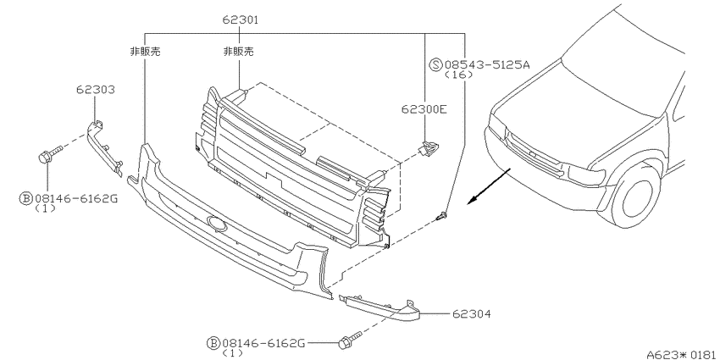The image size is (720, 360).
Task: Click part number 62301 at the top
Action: [x=241, y=19]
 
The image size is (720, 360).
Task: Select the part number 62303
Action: [x=96, y=90]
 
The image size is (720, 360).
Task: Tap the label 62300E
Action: [x=423, y=109]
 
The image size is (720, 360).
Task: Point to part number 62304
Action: [x=471, y=314]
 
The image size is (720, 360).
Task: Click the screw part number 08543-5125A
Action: [x=487, y=64]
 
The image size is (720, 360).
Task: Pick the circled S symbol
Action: [x=435, y=64]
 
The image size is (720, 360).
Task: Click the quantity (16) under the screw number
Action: [x=459, y=75]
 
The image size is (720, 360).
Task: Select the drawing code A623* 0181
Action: [x=683, y=354]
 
